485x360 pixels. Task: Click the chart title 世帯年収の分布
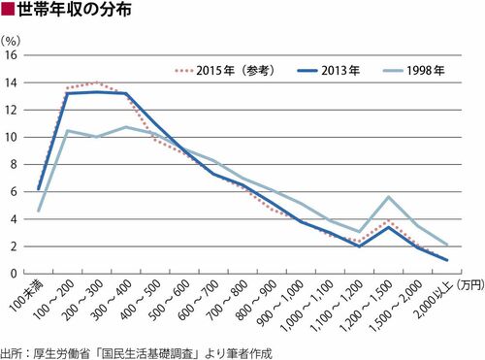coord(75,9)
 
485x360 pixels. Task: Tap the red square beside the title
coord(8,10)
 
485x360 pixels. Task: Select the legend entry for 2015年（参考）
coord(225,70)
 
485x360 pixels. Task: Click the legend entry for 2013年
coord(328,70)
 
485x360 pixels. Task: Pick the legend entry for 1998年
coord(414,70)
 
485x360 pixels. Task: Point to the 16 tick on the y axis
coord(11,55)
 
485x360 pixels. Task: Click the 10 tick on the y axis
coord(11,137)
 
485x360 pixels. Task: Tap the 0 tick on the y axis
coord(14,274)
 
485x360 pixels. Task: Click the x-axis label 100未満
coord(27,296)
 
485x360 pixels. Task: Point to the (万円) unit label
coord(470,284)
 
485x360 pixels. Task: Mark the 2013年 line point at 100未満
coord(39,189)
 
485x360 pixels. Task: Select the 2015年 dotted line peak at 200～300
coord(97,82)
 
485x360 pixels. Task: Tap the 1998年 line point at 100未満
coord(39,212)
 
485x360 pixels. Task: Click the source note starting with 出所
coord(136,353)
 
